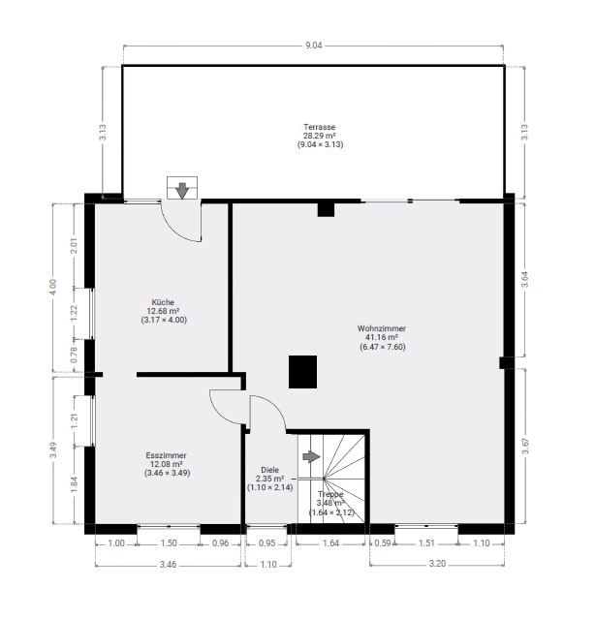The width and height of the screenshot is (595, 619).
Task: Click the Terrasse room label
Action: pyautogui.click(x=320, y=127)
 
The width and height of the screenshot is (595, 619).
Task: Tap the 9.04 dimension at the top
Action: pyautogui.click(x=314, y=46)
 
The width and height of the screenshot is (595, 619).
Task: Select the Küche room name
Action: pyautogui.click(x=163, y=302)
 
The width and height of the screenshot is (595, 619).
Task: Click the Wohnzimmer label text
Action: pyautogui.click(x=382, y=328)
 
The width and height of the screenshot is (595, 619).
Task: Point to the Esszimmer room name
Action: pyautogui.click(x=167, y=455)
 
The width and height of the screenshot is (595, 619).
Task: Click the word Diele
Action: pyautogui.click(x=270, y=470)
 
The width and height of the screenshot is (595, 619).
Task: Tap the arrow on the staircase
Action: pyautogui.click(x=311, y=457)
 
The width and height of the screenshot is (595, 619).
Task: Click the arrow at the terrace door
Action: pyautogui.click(x=182, y=190)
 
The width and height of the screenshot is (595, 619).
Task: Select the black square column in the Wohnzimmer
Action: pyautogui.click(x=303, y=372)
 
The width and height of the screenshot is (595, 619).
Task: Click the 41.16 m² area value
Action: pyautogui.click(x=382, y=337)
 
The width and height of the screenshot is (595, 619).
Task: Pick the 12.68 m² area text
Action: pyautogui.click(x=164, y=311)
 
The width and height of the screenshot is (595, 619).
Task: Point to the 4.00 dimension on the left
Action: pyautogui.click(x=53, y=287)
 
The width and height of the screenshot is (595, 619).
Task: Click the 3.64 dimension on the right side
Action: pyautogui.click(x=524, y=280)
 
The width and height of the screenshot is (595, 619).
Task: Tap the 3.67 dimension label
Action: pyautogui.click(x=525, y=447)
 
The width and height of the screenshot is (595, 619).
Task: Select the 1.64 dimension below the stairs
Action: pyautogui.click(x=330, y=543)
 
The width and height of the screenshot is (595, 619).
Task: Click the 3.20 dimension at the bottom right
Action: pyautogui.click(x=437, y=564)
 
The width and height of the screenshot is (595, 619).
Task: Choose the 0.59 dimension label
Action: pyautogui.click(x=383, y=543)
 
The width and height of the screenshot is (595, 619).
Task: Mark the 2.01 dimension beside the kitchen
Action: pyautogui.click(x=74, y=245)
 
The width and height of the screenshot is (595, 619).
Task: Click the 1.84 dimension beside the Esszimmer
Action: pyautogui.click(x=75, y=484)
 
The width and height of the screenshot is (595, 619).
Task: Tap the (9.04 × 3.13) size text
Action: pyautogui.click(x=320, y=144)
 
